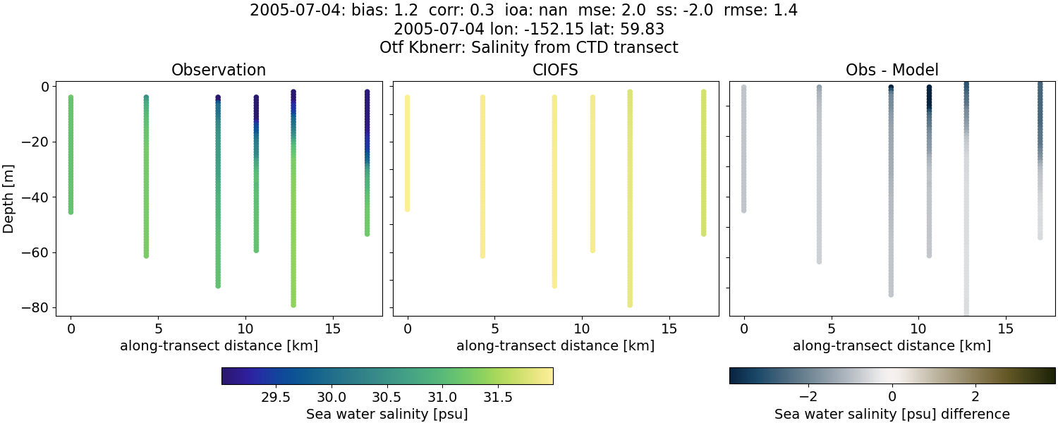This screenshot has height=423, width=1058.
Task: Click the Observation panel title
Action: (x=219, y=70)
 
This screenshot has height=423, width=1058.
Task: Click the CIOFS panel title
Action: (x=555, y=70)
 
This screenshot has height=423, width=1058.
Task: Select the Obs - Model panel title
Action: (x=892, y=70)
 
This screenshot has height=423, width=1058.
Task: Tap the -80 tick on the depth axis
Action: (x=35, y=308)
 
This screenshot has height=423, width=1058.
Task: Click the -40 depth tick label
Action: (x=35, y=197)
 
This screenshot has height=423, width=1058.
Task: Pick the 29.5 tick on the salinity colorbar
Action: (x=276, y=397)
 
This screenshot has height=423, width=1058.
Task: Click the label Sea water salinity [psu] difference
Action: (x=892, y=414)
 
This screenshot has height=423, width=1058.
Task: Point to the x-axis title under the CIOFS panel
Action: (x=555, y=346)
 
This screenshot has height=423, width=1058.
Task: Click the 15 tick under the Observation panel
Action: (x=332, y=329)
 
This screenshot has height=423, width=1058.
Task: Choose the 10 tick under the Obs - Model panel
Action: (x=918, y=329)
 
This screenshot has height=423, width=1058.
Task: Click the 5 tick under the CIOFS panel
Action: (x=495, y=329)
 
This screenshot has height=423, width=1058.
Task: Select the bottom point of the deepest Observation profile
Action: (x=293, y=305)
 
